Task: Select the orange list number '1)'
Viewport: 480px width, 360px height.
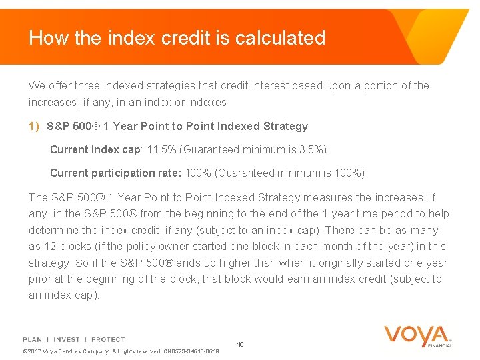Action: pyautogui.click(x=34, y=126)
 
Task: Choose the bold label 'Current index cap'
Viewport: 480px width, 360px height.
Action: pyautogui.click(x=94, y=149)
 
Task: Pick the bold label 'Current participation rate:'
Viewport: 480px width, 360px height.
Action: pyautogui.click(x=116, y=173)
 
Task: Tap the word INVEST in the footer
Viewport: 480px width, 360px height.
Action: pyautogui.click(x=68, y=339)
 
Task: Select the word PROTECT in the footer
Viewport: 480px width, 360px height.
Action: pyautogui.click(x=108, y=339)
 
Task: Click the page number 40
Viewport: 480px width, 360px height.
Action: pyautogui.click(x=240, y=344)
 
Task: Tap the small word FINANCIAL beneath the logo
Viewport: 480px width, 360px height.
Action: pyautogui.click(x=440, y=345)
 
